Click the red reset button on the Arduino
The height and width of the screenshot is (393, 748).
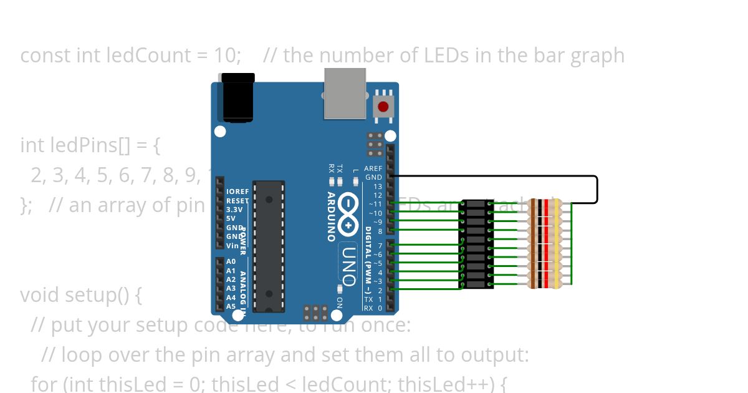point(383,107)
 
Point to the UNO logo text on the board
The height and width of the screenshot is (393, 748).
point(348,265)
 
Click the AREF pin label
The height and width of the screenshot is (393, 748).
point(373,168)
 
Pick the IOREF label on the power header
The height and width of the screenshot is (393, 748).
point(237,192)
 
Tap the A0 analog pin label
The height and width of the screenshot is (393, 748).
point(231,262)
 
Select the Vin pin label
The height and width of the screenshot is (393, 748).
point(232,246)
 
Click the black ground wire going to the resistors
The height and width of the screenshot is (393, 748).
point(597,187)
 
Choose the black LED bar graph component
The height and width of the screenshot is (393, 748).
point(476,244)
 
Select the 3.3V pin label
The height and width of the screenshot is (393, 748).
point(234,210)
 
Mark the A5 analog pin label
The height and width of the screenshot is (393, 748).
point(231,306)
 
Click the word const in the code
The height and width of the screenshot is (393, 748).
point(46,56)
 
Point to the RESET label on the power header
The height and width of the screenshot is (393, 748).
point(237,201)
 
